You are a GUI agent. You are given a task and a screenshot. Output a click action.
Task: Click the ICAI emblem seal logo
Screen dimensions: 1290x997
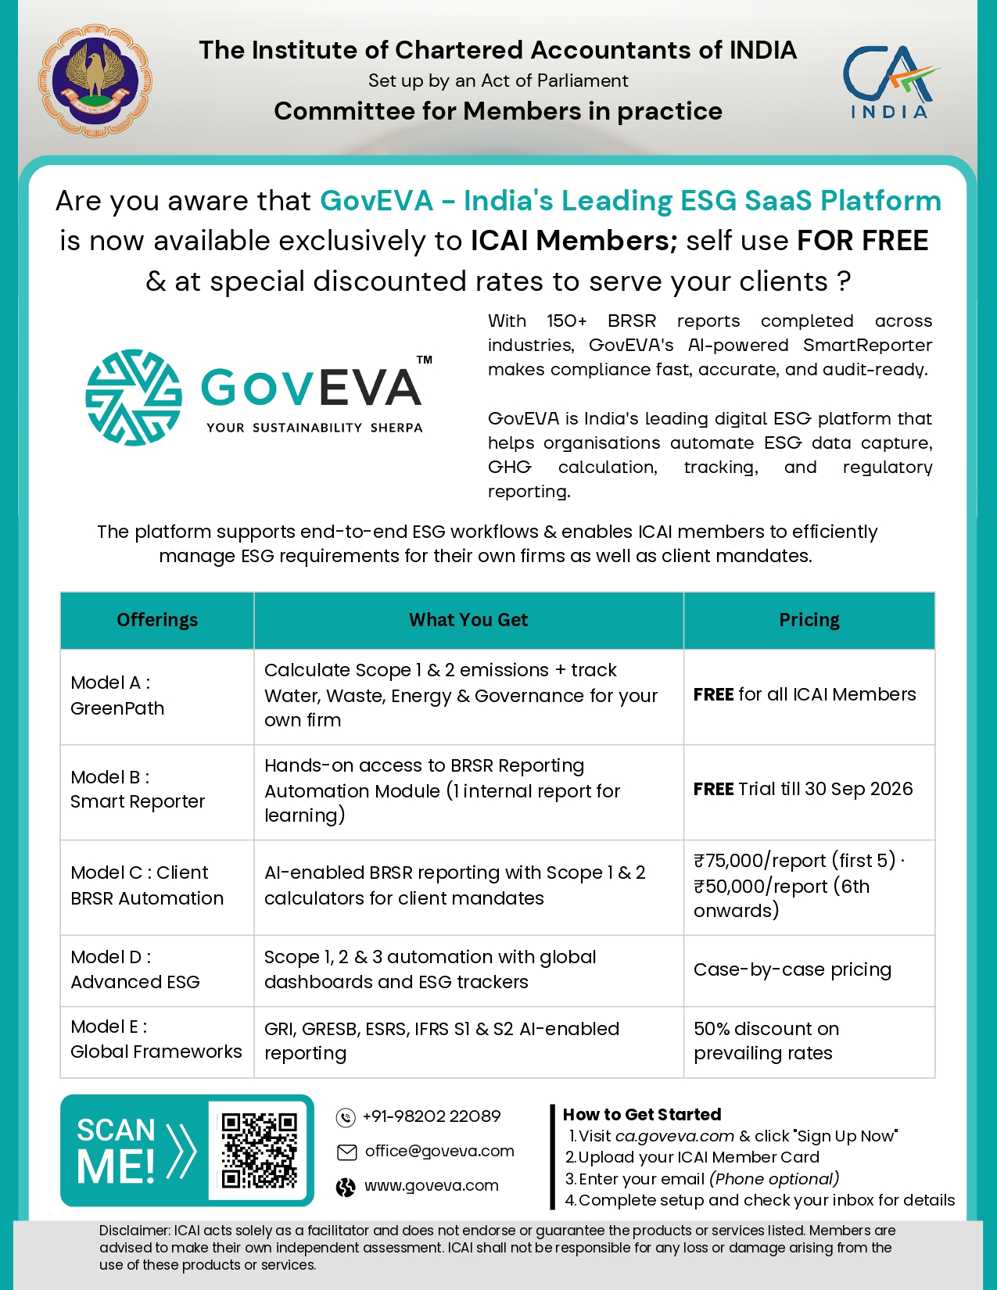point(95,81)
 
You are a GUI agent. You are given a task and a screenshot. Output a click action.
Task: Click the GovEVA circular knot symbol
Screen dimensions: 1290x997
point(134,397)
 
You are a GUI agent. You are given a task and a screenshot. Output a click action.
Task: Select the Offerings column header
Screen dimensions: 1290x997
point(157,620)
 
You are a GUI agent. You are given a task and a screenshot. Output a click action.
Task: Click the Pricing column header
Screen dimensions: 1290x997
point(809,620)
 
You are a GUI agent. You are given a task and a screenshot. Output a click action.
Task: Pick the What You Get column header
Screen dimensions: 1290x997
point(468,620)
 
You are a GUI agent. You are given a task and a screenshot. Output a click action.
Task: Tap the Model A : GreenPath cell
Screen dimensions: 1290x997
point(157,696)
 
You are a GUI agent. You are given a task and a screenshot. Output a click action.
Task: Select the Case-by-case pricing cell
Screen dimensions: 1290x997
point(792,969)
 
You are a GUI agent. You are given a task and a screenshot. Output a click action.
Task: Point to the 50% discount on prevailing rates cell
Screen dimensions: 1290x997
point(766,1041)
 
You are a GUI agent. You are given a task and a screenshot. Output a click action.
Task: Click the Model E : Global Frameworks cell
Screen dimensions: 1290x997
point(156,1039)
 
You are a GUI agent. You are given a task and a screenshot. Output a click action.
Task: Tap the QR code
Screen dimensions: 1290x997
point(259,1150)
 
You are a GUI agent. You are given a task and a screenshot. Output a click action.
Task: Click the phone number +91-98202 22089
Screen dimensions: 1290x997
point(432,1116)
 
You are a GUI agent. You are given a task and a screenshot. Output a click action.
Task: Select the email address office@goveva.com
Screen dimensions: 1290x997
point(439,1151)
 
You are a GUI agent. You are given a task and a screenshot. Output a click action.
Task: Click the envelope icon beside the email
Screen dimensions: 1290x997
point(346,1152)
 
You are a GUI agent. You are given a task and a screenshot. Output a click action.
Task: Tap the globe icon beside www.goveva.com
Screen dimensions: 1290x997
point(346,1187)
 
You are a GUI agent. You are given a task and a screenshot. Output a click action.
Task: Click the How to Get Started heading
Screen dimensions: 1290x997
point(642,1114)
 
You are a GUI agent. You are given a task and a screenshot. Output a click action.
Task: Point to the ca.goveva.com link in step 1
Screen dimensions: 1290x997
point(674,1136)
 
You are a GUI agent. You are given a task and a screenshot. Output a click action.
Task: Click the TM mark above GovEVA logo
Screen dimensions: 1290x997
point(424,360)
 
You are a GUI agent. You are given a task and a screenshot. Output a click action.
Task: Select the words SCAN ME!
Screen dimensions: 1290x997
point(117,1151)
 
